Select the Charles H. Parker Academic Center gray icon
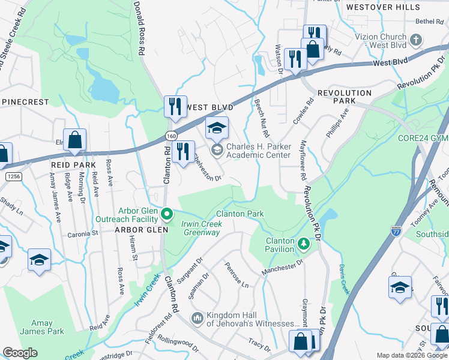[217, 149]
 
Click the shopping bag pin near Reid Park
[74, 141]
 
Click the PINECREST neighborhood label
[25, 102]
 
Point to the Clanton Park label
[240, 214]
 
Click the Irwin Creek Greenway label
[202, 228]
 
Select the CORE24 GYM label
[423, 138]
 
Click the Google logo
[20, 353]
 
